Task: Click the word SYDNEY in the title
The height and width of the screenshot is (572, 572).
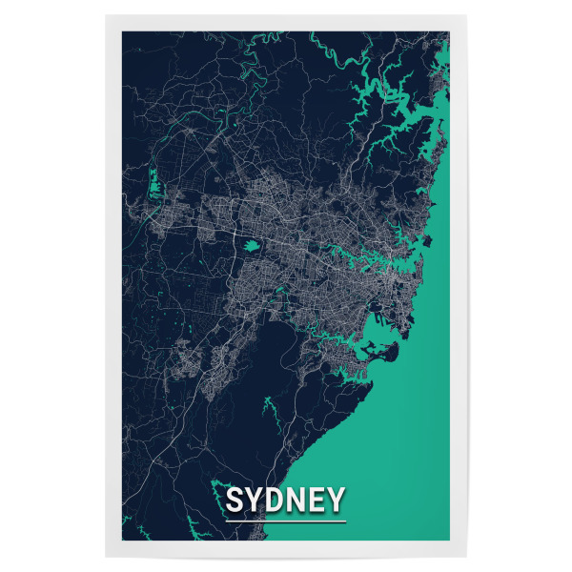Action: click(286, 500)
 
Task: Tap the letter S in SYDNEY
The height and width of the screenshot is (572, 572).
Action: click(235, 500)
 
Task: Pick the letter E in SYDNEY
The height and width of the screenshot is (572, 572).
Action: click(317, 500)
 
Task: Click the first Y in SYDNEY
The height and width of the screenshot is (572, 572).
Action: click(255, 500)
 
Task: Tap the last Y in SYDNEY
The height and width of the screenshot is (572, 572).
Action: click(336, 500)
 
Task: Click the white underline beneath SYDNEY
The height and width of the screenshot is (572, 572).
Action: click(286, 521)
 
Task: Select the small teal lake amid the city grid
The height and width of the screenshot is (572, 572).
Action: click(253, 245)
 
